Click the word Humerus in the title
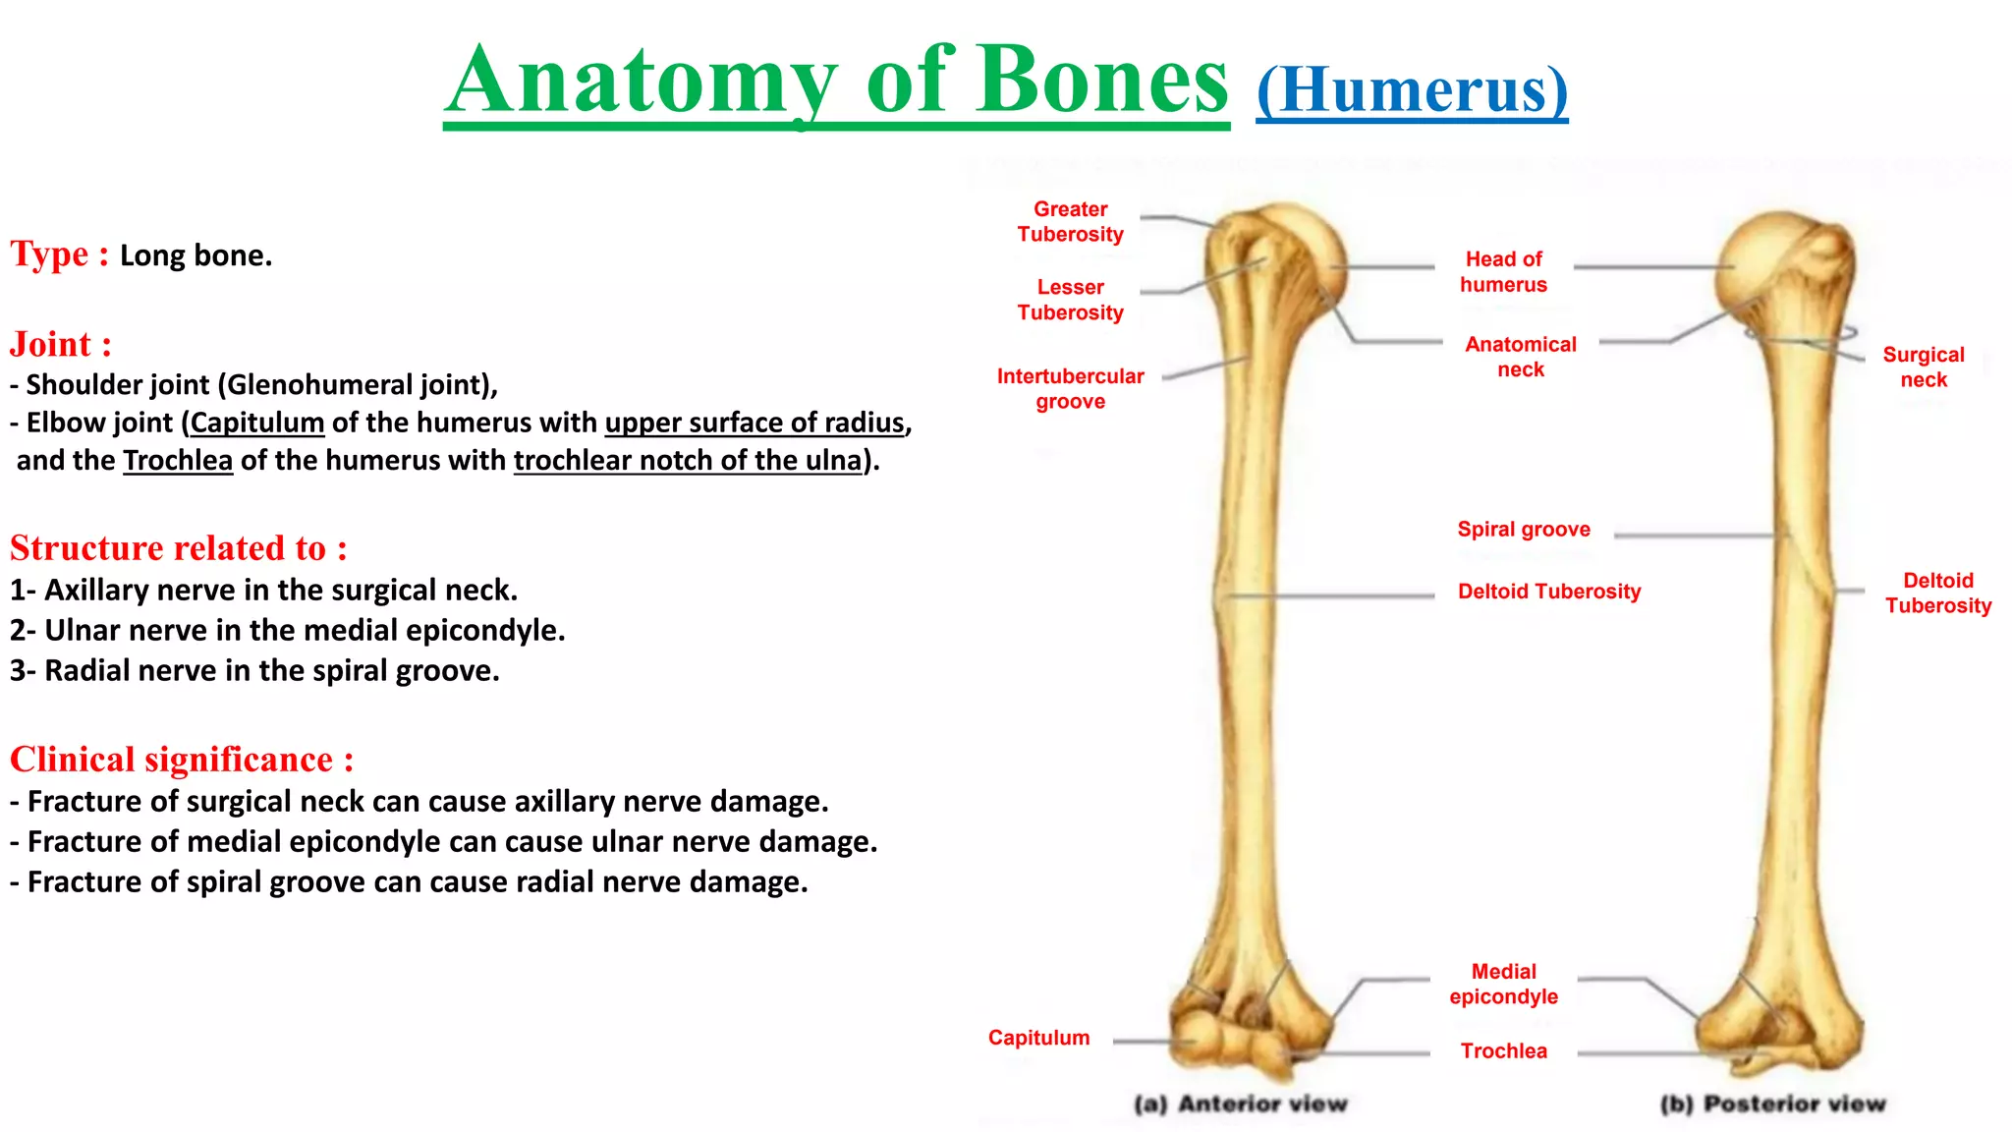[x=1412, y=90]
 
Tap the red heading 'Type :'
[x=59, y=254]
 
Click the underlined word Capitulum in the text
[x=257, y=423]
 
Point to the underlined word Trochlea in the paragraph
[x=178, y=460]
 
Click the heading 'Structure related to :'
[x=178, y=547]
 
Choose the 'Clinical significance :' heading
[x=182, y=760]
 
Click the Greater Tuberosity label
[x=1070, y=221]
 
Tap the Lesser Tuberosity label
[x=1070, y=299]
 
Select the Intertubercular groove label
[x=1070, y=388]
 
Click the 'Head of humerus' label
[x=1503, y=271]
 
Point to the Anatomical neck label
[x=1520, y=357]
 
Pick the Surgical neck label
[x=1923, y=367]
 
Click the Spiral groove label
[x=1523, y=529]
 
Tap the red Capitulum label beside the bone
[x=1038, y=1038]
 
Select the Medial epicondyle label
[x=1503, y=984]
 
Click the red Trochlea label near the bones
[x=1503, y=1050]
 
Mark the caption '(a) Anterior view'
[x=1240, y=1104]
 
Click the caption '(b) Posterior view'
[x=1772, y=1104]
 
